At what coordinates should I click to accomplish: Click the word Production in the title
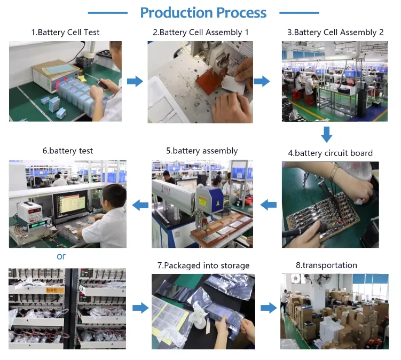tap(176, 12)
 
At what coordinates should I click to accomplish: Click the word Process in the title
tap(241, 12)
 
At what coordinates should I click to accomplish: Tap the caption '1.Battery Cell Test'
tap(65, 33)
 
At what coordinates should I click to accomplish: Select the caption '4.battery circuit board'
tap(330, 153)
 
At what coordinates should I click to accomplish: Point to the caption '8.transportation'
tap(326, 265)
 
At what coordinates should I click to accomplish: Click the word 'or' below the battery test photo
tap(61, 256)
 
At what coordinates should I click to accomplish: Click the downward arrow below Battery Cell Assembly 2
tap(327, 134)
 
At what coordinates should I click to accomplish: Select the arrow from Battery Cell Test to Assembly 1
tap(135, 81)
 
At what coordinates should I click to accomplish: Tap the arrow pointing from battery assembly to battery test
tap(140, 205)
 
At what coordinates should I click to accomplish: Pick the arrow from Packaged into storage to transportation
tap(269, 308)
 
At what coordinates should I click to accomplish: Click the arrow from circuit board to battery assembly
tap(268, 205)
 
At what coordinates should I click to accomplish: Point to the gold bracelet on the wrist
tap(334, 173)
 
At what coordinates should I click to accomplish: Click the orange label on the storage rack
tap(54, 290)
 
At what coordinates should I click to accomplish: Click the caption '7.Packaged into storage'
tap(203, 265)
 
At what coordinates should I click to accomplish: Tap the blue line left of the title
tap(108, 12)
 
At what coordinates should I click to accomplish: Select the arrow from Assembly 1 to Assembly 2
tap(262, 81)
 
